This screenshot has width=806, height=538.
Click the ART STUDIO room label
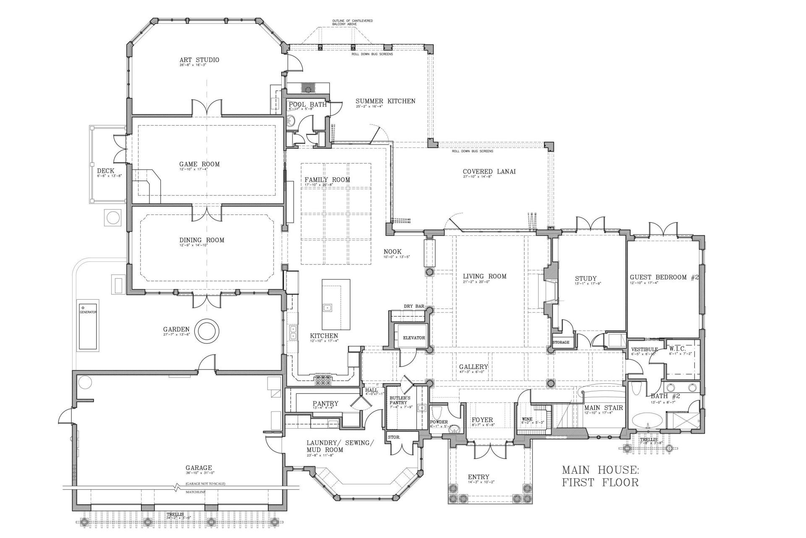click(199, 60)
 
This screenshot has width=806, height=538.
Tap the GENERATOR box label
click(88, 312)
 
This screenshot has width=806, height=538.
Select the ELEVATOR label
click(414, 338)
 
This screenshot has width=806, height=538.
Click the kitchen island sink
click(327, 308)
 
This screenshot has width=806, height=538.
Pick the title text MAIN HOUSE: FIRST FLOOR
click(600, 475)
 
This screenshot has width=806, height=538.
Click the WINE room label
click(527, 419)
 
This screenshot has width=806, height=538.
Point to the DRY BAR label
click(414, 306)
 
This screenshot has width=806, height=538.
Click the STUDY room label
click(586, 279)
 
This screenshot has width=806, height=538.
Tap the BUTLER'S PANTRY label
click(400, 400)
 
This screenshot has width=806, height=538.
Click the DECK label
click(105, 171)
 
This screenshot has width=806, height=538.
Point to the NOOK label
click(393, 252)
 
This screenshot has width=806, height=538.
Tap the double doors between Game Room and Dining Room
click(207, 214)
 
